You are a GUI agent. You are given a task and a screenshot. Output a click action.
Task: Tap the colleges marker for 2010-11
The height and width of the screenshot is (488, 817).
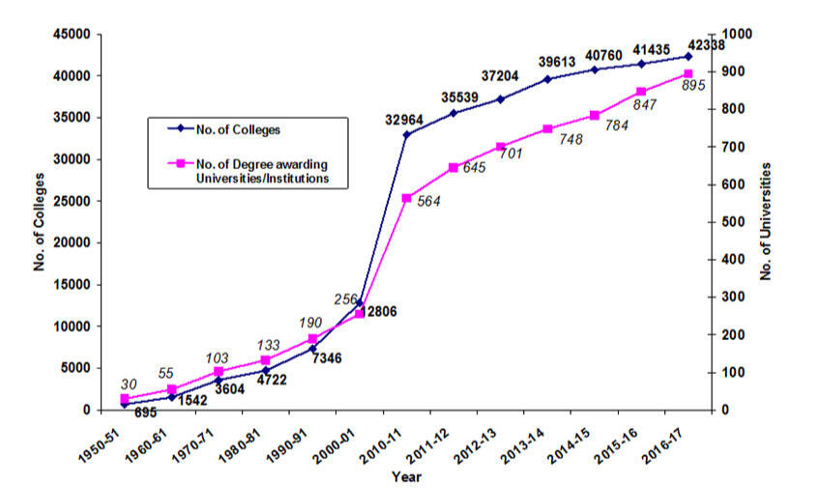pyautogui.click(x=407, y=134)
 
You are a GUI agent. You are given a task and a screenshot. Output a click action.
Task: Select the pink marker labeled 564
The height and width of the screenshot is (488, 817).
pyautogui.click(x=407, y=198)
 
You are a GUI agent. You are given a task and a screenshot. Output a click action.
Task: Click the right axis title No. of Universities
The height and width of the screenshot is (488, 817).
pyautogui.click(x=765, y=221)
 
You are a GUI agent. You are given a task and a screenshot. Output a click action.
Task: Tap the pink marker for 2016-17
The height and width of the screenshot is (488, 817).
pyautogui.click(x=687, y=73)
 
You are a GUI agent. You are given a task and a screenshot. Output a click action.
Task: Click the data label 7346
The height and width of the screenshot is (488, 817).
pyautogui.click(x=329, y=359)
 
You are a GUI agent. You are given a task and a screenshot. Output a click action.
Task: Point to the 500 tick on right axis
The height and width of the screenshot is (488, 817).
pyautogui.click(x=732, y=222)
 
